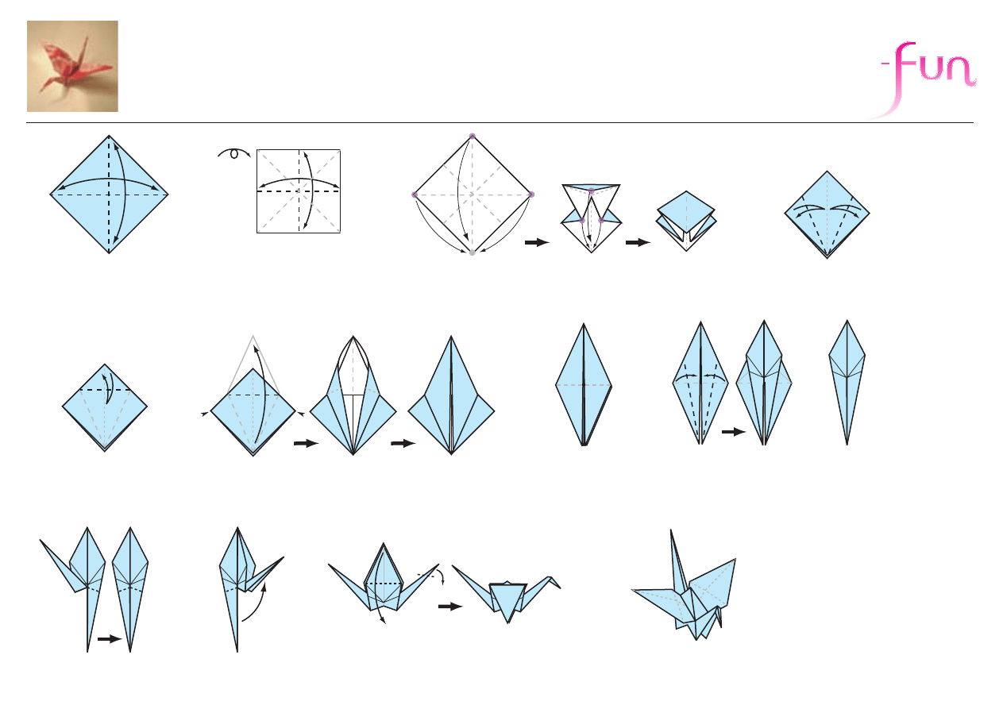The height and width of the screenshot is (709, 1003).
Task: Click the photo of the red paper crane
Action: coord(72,66)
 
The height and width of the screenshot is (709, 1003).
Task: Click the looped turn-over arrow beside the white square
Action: coord(233,153)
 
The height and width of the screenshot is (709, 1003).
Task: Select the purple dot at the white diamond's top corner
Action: coord(472,136)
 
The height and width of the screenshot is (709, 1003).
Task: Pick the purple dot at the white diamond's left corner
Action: coord(415,195)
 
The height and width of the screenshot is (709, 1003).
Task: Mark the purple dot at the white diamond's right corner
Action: coord(531,195)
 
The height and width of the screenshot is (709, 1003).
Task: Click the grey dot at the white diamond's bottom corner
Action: coord(472,253)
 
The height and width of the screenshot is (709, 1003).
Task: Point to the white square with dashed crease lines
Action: coord(299,191)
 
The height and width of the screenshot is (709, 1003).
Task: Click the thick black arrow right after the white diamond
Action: coord(537,243)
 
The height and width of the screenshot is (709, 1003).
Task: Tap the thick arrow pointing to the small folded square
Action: coord(638,243)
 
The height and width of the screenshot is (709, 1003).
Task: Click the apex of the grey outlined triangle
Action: coord(253,335)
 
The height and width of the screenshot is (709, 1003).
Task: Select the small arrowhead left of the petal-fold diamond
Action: coord(205,414)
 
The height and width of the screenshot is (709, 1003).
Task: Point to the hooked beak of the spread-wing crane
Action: coord(555,582)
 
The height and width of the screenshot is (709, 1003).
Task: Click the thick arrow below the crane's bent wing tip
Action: coord(450,607)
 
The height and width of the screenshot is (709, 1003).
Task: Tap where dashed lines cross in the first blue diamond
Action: coord(109,195)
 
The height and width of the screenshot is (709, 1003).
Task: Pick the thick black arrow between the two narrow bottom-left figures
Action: coord(110,638)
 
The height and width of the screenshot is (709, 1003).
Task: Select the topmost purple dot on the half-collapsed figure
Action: coord(592,191)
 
